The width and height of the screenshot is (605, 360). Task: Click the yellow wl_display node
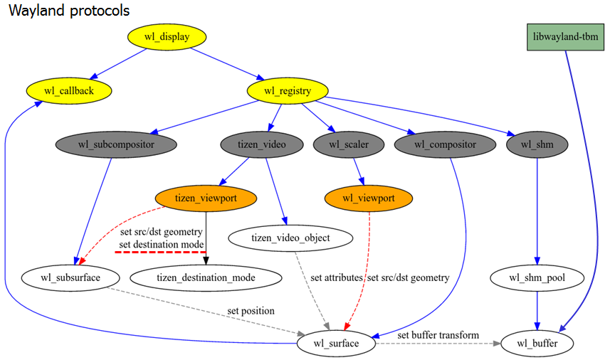[x=167, y=37]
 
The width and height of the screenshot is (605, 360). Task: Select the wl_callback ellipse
[x=69, y=90]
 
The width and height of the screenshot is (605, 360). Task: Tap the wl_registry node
[x=288, y=90]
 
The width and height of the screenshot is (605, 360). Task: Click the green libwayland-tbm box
[x=559, y=36]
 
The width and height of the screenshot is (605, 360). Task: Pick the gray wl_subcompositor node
[x=116, y=144]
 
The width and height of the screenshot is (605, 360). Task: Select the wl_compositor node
[x=445, y=144]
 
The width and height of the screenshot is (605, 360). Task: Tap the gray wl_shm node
[x=537, y=144]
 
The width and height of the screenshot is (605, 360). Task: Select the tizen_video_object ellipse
[x=291, y=238]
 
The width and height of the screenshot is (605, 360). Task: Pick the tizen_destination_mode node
[x=206, y=277]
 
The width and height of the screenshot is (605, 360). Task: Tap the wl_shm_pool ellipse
[x=537, y=277]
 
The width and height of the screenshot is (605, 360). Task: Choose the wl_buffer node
[x=537, y=344]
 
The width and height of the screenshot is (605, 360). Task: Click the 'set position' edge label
[x=251, y=311]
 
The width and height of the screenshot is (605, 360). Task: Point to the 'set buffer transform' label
[x=438, y=334]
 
